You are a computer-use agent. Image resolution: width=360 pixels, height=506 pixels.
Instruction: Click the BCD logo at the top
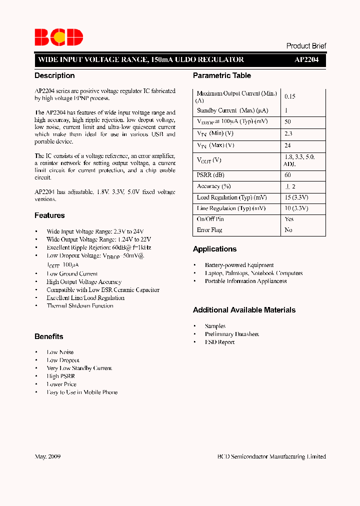click(x=58, y=37)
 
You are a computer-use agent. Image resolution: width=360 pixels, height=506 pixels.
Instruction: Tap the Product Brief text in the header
click(x=306, y=45)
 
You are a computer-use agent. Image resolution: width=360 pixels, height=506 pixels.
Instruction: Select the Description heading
click(x=54, y=75)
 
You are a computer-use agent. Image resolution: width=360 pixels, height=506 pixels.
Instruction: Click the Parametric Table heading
click(x=222, y=75)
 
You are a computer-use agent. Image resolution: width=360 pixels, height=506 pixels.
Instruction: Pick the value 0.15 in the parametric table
click(x=290, y=96)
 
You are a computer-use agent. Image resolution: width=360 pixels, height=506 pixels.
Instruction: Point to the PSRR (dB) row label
click(x=211, y=175)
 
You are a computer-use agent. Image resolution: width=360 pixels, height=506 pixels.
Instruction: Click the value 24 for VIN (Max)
click(x=288, y=145)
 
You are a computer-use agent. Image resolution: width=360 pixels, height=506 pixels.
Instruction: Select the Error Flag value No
click(x=288, y=230)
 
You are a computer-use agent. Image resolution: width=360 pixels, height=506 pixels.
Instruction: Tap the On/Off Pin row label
click(x=210, y=219)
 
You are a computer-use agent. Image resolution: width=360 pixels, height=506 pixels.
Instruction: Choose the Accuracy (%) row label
click(x=213, y=186)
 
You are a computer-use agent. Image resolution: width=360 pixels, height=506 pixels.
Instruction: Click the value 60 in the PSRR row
click(x=288, y=175)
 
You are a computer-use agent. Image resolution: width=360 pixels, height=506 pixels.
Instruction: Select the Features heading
click(x=49, y=215)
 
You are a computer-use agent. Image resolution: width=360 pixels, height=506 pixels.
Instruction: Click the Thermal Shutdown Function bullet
click(x=80, y=306)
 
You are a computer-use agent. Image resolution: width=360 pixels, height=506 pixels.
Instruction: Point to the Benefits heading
click(x=49, y=336)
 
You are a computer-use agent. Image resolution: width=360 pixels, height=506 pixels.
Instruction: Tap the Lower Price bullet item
click(x=61, y=384)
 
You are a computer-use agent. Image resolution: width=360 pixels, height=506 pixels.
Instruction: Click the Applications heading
click(x=215, y=249)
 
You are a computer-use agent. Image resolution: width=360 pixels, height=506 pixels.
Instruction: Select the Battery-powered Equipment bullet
click(x=239, y=265)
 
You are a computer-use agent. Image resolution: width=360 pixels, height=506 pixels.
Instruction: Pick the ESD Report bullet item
click(x=219, y=342)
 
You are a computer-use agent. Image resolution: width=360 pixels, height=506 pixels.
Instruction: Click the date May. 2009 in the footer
click(x=47, y=456)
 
